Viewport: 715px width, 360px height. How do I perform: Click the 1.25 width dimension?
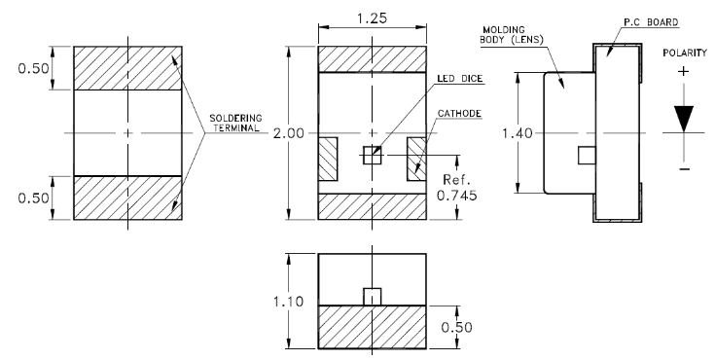pos(372,18)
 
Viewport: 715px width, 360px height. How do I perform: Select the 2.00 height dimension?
pos(288,133)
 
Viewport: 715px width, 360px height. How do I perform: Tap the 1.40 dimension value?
pos(518,133)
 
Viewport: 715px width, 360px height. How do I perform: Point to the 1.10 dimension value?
pos(288,302)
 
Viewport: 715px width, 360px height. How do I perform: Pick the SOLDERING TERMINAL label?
pos(235,124)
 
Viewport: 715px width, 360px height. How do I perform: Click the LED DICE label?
pos(459,79)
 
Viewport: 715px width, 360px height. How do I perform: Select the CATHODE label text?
pos(459,114)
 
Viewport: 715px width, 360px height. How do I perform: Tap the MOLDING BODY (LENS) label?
pos(511,35)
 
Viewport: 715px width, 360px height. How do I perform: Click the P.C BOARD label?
pos(651,22)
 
